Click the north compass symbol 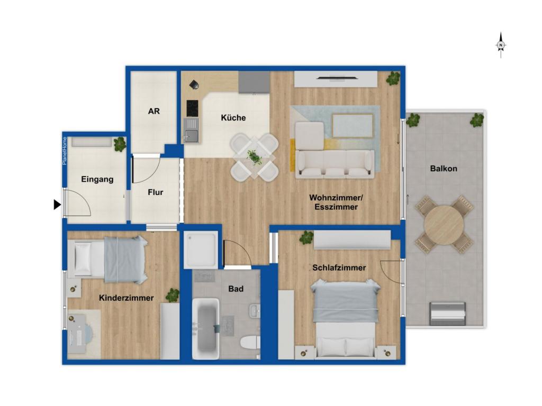click(x=501, y=45)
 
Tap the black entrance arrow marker click(x=57, y=205)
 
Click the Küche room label click(x=233, y=118)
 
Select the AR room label click(x=154, y=111)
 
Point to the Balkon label click(x=444, y=169)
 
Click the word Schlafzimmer click(x=339, y=267)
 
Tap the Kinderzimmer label click(x=126, y=298)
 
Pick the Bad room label click(x=236, y=289)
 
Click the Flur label click(x=155, y=192)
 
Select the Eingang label click(x=97, y=179)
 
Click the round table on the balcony click(x=444, y=225)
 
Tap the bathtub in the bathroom click(x=206, y=328)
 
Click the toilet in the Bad click(x=250, y=343)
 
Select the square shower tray click(x=201, y=250)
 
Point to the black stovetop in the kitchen click(x=193, y=108)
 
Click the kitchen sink click(x=192, y=130)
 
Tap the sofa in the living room click(x=335, y=164)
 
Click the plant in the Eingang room click(x=120, y=144)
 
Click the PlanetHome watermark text click(x=64, y=151)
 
